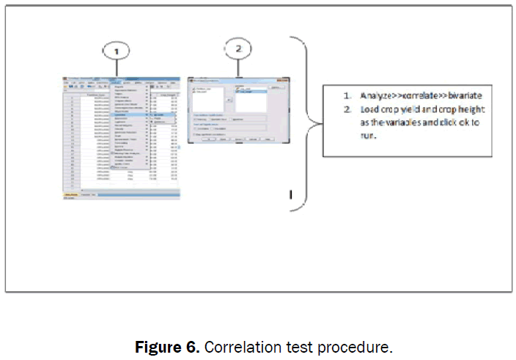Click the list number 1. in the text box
tap(348, 96)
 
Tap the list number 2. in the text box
tap(348, 109)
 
